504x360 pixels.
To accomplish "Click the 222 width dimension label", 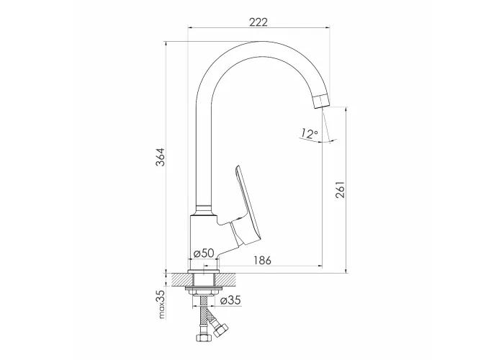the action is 258,22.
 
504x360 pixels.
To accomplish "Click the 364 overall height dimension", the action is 161,157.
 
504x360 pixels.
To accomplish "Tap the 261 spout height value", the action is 340,189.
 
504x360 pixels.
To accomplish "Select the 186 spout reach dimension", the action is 263,260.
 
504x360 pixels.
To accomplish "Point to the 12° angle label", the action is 309,133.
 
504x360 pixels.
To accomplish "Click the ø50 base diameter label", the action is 204,253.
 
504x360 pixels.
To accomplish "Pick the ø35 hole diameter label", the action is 230,300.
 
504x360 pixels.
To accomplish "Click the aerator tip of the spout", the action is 322,102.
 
